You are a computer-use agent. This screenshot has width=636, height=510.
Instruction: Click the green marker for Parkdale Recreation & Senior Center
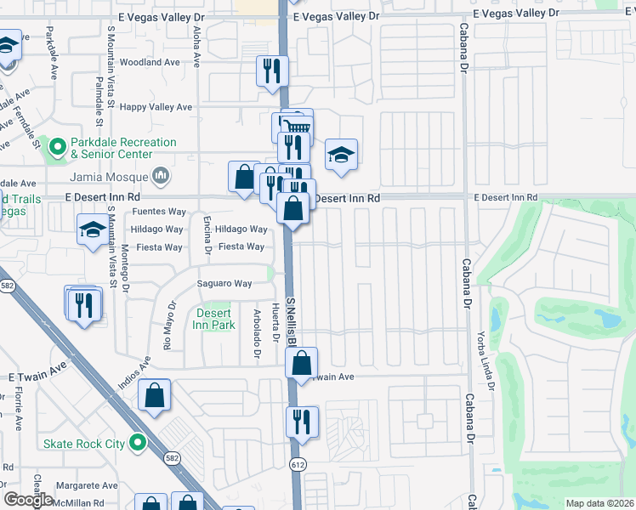(58, 148)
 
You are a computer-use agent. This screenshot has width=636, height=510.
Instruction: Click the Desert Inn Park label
(213, 319)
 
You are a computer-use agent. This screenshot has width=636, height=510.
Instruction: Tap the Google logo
(29, 500)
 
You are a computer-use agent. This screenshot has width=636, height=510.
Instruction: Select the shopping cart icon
(295, 128)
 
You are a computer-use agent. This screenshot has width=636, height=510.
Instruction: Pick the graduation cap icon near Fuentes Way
(93, 229)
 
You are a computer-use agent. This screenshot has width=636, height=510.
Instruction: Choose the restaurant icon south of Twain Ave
(302, 421)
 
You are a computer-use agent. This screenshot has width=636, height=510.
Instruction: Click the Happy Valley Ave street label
(156, 107)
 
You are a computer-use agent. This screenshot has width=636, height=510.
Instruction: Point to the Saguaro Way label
(224, 284)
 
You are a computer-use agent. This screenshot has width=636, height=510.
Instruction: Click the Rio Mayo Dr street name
(169, 326)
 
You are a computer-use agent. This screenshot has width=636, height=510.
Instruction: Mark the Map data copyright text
(599, 503)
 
